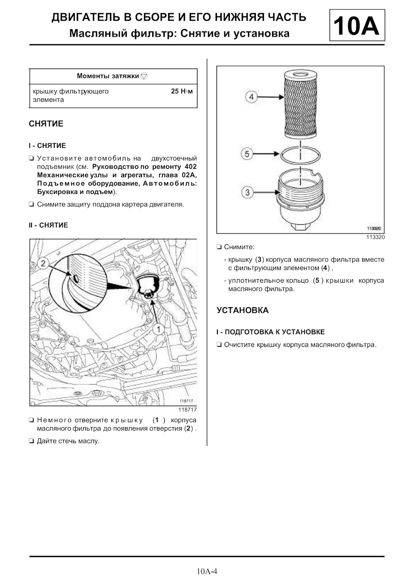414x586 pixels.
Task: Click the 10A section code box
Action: coord(357,26)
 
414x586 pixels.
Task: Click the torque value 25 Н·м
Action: coord(182,91)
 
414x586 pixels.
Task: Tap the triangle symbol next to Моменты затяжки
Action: coord(144,76)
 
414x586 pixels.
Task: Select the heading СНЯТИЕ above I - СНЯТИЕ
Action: coord(46,124)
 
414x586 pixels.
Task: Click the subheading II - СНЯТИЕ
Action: coord(48,225)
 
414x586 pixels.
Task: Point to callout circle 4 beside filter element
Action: coord(252,97)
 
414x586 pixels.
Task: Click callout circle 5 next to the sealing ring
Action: coord(247,154)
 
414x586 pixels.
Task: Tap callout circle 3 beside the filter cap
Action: coord(247,192)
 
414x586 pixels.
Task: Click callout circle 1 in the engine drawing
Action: coord(158,329)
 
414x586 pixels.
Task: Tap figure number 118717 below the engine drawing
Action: coord(188,410)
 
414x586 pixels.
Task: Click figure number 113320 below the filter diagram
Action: coord(375,237)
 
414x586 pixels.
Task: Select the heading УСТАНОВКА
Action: coord(242,310)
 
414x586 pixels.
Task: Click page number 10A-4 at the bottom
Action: coord(207,572)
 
